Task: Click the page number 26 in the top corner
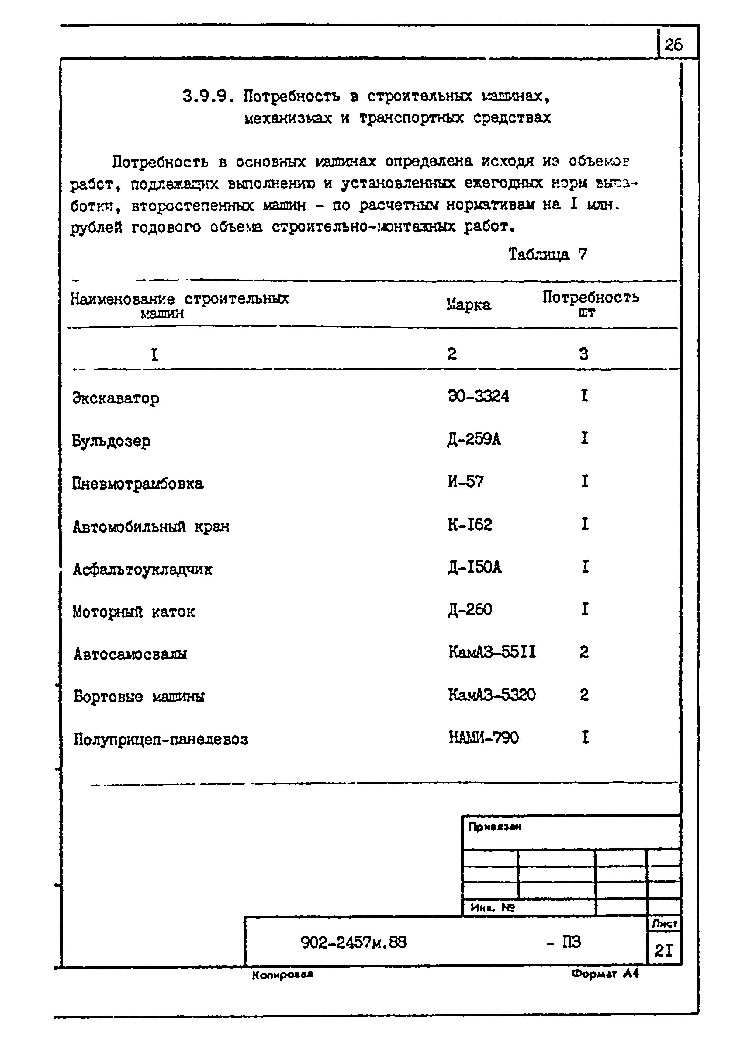pyautogui.click(x=674, y=44)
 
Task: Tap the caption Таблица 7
pyautogui.click(x=547, y=254)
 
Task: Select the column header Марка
pyautogui.click(x=469, y=305)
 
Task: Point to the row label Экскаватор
pyautogui.click(x=116, y=398)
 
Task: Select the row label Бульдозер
pyautogui.click(x=112, y=441)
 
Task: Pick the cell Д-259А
pyautogui.click(x=474, y=440)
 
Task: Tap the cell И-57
pyautogui.click(x=465, y=482)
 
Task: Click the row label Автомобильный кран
pyautogui.click(x=151, y=527)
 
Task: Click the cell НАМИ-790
pyautogui.click(x=483, y=738)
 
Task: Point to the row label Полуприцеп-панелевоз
pyautogui.click(x=161, y=739)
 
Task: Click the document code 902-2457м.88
pyautogui.click(x=354, y=943)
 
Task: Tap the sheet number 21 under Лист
pyautogui.click(x=663, y=950)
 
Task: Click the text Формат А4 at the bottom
pyautogui.click(x=605, y=974)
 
